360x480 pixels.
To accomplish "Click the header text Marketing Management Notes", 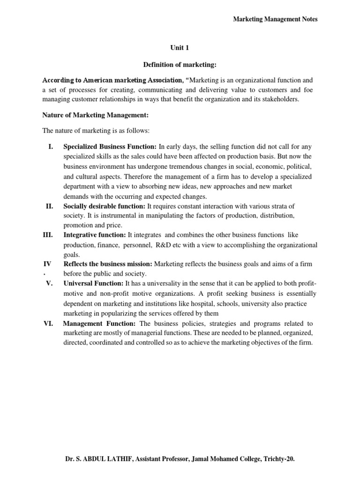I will pyautogui.click(x=276, y=19).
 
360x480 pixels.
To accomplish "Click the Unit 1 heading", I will pyautogui.click(x=180, y=47).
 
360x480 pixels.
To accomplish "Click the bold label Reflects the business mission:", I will pyautogui.click(x=108, y=264).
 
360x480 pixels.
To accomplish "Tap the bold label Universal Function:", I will pyautogui.click(x=93, y=284).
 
